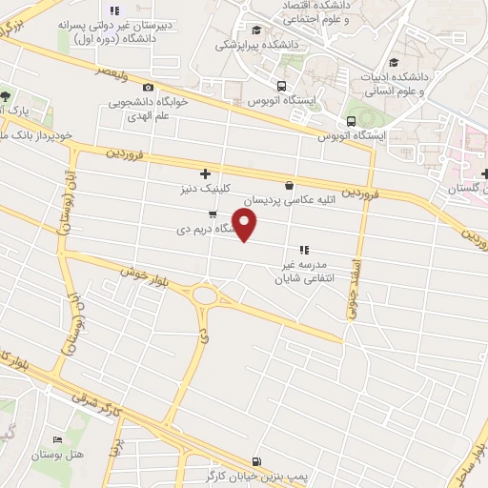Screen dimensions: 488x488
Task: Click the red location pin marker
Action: tap(245, 224)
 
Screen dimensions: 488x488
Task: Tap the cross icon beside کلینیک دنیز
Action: tap(205, 173)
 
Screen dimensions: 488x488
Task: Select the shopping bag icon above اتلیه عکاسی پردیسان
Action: tap(289, 184)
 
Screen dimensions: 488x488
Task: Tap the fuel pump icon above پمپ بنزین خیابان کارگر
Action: tap(254, 459)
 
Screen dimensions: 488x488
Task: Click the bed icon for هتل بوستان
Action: tap(60, 439)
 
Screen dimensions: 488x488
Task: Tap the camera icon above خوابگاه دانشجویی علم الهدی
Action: tap(149, 87)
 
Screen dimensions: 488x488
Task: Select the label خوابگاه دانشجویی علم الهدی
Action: tap(157, 108)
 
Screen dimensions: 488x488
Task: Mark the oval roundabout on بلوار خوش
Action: tap(204, 296)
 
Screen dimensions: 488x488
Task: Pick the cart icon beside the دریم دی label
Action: tap(212, 213)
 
